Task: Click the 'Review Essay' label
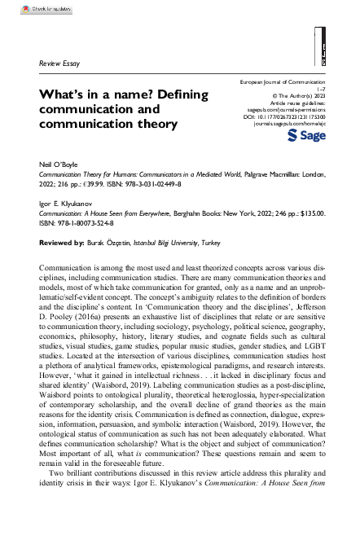point(59,63)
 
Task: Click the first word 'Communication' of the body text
point(66,267)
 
